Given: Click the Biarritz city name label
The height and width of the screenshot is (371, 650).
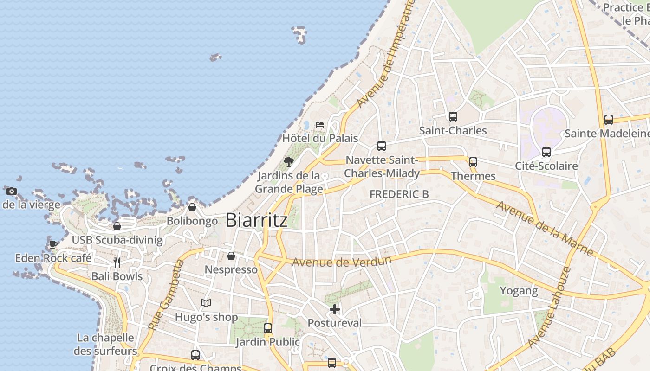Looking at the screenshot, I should click(256, 220).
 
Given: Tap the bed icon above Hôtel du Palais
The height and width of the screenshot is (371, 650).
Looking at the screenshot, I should click(320, 124).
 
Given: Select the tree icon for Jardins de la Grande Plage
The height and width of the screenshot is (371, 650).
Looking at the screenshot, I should click(289, 162).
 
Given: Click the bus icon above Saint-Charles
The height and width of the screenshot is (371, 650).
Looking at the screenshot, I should click(453, 117).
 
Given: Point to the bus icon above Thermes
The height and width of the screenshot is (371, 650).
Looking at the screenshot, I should click(473, 162).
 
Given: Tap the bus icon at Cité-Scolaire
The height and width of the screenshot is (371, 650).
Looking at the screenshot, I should click(546, 152).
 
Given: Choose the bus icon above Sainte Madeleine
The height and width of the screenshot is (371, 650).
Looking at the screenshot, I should click(609, 120).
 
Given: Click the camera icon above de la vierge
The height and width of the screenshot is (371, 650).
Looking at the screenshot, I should click(12, 191).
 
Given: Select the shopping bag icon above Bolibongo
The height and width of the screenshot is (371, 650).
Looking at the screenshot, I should click(192, 207).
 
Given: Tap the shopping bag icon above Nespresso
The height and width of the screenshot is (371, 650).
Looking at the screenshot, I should click(231, 256).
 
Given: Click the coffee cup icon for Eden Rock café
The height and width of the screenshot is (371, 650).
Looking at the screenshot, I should click(53, 244).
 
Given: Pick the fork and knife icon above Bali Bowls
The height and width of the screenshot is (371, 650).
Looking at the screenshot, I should click(117, 262).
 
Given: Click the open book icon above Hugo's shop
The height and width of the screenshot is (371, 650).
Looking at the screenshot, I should click(206, 303).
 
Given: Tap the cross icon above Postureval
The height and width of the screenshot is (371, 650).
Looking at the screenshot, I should click(335, 309).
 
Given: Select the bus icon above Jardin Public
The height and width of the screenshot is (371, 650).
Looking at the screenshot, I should click(268, 328).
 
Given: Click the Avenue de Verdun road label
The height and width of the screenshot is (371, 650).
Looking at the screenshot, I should click(341, 261).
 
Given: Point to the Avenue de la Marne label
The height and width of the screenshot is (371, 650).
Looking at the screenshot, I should click(545, 228).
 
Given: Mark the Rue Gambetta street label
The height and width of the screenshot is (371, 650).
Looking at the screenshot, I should click(166, 295).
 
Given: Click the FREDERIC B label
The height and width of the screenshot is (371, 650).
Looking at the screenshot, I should click(399, 194).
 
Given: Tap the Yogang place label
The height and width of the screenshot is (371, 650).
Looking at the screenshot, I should click(519, 291).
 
